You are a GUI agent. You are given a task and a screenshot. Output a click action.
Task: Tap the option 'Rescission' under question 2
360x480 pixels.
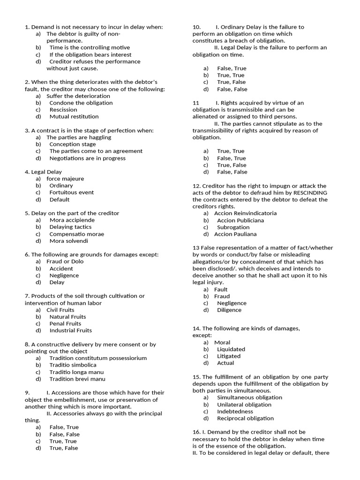tap(63, 110)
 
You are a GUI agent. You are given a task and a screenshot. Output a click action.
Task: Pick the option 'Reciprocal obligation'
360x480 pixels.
tap(245, 418)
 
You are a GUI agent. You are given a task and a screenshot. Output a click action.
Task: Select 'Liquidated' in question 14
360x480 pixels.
tap(231, 349)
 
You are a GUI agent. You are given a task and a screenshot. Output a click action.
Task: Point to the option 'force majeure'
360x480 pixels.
tap(65, 179)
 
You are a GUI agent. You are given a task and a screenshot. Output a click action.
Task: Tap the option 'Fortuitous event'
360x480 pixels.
tap(71, 192)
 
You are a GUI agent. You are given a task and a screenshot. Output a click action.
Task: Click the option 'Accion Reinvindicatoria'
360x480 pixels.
tap(245, 213)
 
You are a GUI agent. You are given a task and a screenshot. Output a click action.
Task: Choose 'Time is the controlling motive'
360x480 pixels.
tap(90, 47)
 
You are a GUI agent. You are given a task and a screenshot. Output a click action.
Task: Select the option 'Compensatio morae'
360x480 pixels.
tap(76, 234)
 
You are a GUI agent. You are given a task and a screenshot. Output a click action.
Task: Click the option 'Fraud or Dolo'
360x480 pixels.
tap(65, 261)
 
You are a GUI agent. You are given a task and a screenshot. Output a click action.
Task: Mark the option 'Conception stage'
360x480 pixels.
tap(72, 144)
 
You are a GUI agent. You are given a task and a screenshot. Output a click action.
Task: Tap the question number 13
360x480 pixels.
tap(196, 248)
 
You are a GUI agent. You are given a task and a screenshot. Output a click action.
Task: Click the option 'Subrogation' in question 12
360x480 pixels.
tap(233, 227)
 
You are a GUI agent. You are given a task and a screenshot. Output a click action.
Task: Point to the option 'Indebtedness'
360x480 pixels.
tap(235, 412)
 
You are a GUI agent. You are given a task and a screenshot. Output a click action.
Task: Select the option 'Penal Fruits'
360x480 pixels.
tap(65, 323)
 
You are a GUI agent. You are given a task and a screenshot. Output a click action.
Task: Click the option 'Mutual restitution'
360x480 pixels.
tap(74, 116)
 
